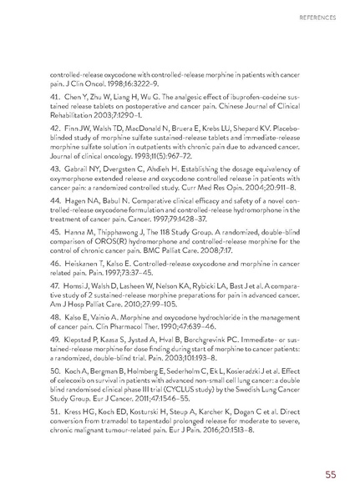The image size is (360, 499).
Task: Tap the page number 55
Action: pos(332,476)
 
